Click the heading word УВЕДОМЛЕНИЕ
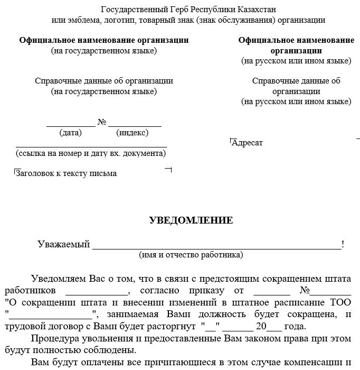point(191,220)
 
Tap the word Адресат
point(247,143)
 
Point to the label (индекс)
point(132,133)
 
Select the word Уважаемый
point(63,244)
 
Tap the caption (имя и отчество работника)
point(191,255)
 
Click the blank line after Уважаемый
point(216,246)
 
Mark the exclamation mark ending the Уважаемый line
point(343,244)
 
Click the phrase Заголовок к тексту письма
point(67,173)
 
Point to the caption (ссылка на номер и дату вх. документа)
point(91,153)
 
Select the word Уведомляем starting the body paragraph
point(57,279)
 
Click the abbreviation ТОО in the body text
point(340,302)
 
